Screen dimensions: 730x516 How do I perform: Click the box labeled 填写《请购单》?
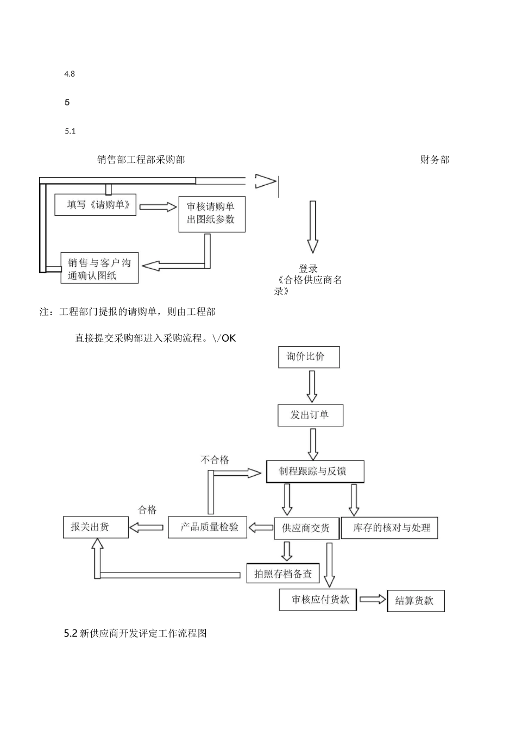[96, 205]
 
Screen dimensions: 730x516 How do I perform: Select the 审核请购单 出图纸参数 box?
[211, 213]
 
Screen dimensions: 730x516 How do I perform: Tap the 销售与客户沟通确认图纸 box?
[99, 268]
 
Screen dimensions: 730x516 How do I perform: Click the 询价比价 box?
[309, 357]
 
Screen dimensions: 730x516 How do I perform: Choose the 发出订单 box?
[310, 415]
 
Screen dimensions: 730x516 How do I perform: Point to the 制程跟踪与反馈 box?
[314, 471]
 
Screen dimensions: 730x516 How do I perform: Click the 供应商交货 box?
[307, 528]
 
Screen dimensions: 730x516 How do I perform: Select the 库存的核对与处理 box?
[389, 528]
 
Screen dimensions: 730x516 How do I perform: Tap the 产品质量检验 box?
[207, 527]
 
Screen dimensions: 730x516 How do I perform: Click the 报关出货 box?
[96, 527]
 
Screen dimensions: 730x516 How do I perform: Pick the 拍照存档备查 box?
[283, 574]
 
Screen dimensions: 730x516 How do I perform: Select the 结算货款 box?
[416, 601]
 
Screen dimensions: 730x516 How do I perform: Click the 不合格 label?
[215, 460]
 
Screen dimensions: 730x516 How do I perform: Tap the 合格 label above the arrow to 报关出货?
[147, 509]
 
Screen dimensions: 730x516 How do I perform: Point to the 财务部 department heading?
[435, 160]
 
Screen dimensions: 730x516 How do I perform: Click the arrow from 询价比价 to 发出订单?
[312, 386]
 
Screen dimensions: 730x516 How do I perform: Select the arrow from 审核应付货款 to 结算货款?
[372, 600]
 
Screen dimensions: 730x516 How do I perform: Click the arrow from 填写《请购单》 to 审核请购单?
[158, 206]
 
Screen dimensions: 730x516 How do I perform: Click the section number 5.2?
[71, 633]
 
